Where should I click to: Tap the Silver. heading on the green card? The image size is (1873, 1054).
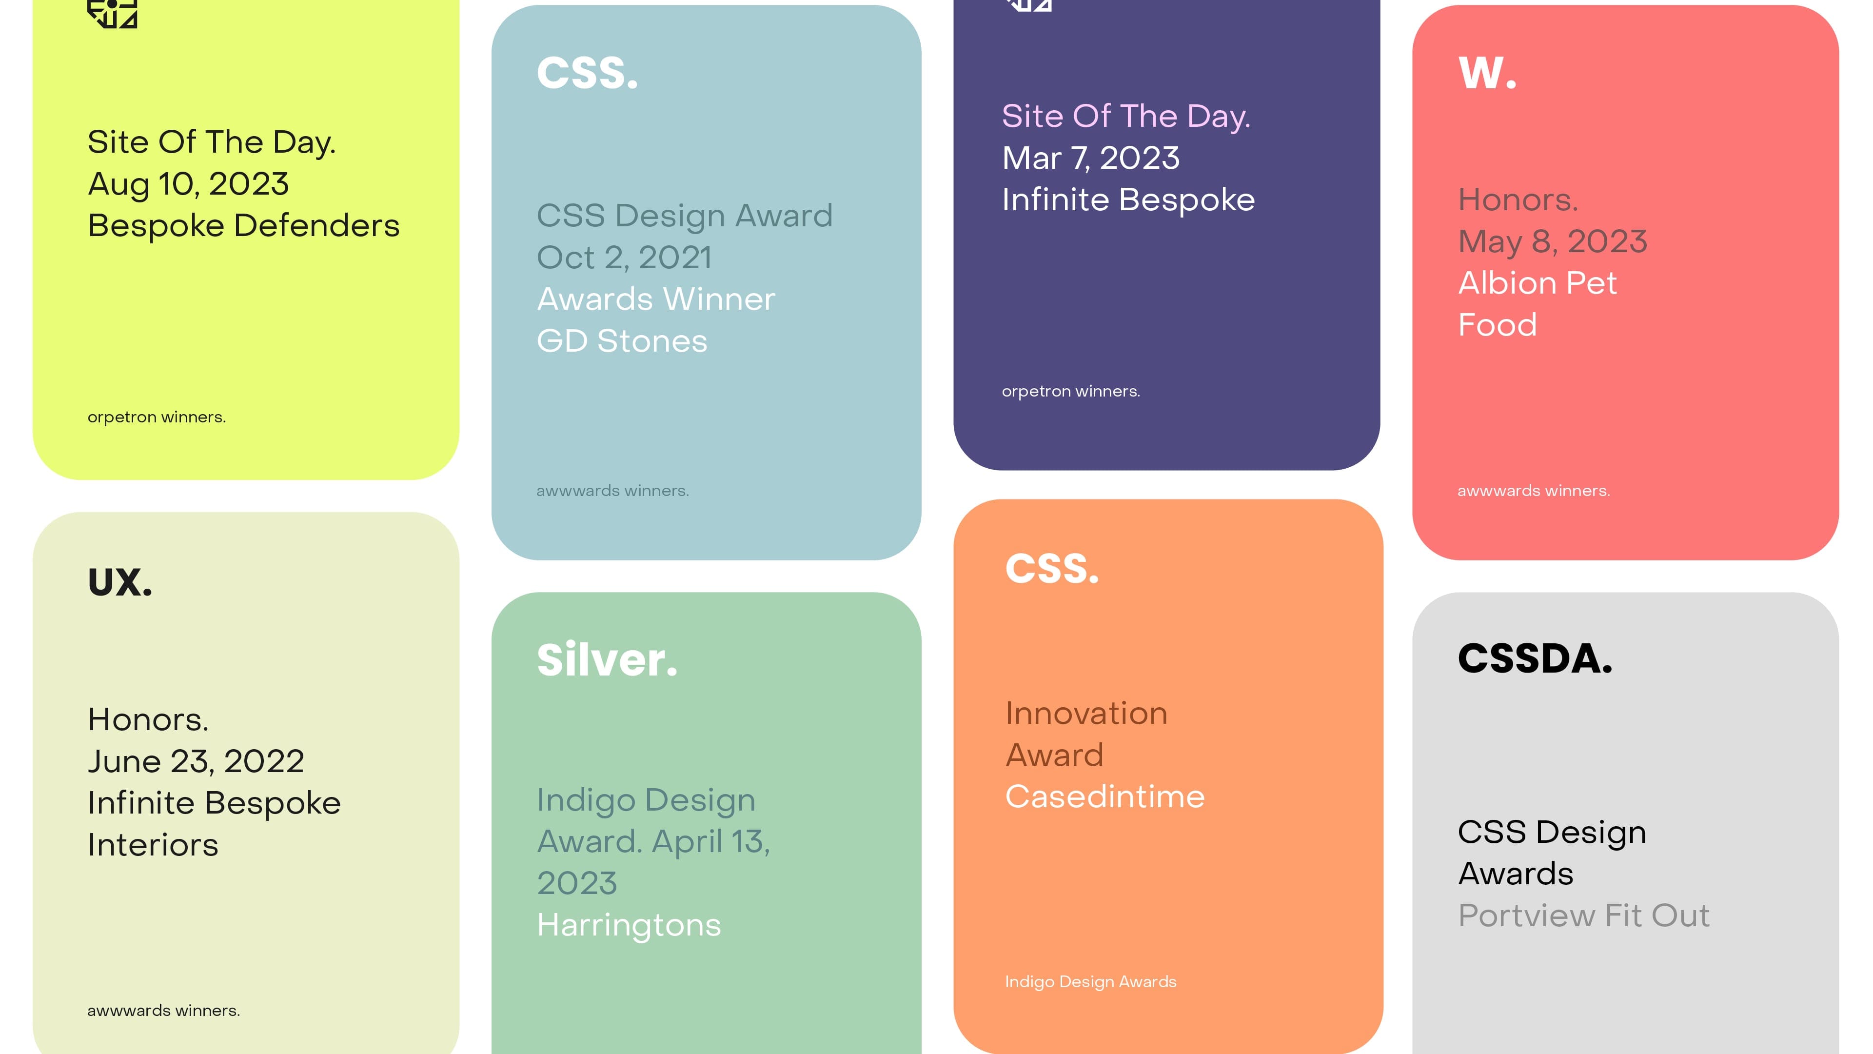click(x=607, y=660)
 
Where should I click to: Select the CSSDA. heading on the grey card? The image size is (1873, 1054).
click(x=1535, y=658)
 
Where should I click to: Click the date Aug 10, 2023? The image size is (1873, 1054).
click(x=188, y=184)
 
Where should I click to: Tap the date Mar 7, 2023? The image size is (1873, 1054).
click(x=1091, y=158)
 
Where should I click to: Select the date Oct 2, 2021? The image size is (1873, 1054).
click(x=624, y=258)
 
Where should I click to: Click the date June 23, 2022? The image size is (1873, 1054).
click(x=196, y=761)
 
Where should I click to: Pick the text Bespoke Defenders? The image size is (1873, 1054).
click(x=244, y=225)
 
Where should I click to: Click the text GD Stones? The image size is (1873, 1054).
click(x=622, y=341)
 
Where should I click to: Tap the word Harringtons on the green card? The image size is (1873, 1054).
click(x=629, y=925)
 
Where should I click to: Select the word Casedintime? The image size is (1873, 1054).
click(x=1104, y=796)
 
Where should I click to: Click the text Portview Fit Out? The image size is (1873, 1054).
click(x=1584, y=916)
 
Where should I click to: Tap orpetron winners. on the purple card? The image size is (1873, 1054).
click(x=1070, y=391)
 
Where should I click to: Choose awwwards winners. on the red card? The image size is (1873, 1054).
click(x=1534, y=491)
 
